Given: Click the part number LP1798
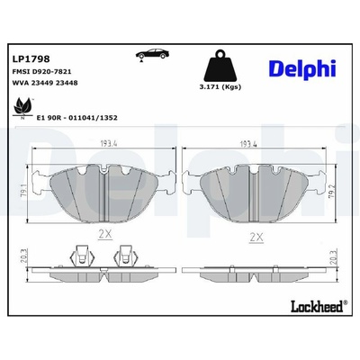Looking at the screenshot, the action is [x=31, y=58].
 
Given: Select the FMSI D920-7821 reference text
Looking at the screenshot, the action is [x=41, y=72].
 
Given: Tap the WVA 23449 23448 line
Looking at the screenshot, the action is [x=45, y=83].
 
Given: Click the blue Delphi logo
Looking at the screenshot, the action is [x=301, y=69].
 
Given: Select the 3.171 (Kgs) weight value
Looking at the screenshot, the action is [x=220, y=87].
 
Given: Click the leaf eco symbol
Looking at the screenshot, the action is [x=22, y=107].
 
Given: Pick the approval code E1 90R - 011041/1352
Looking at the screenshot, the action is [x=76, y=118].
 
